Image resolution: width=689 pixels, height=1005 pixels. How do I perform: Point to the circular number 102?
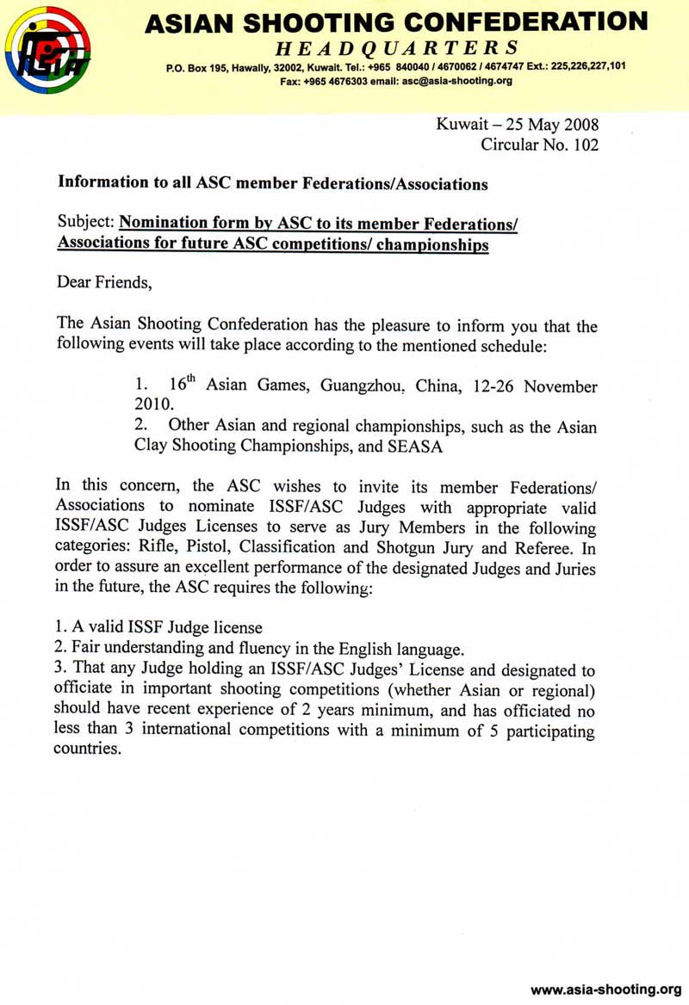582,145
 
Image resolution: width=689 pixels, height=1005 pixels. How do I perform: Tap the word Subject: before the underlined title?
85,224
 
